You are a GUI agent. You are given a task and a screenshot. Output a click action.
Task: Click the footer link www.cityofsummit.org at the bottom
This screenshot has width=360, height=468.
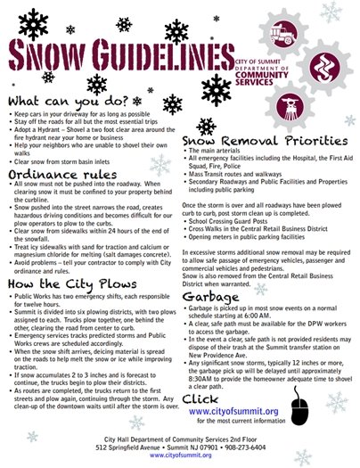click(x=179, y=455)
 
